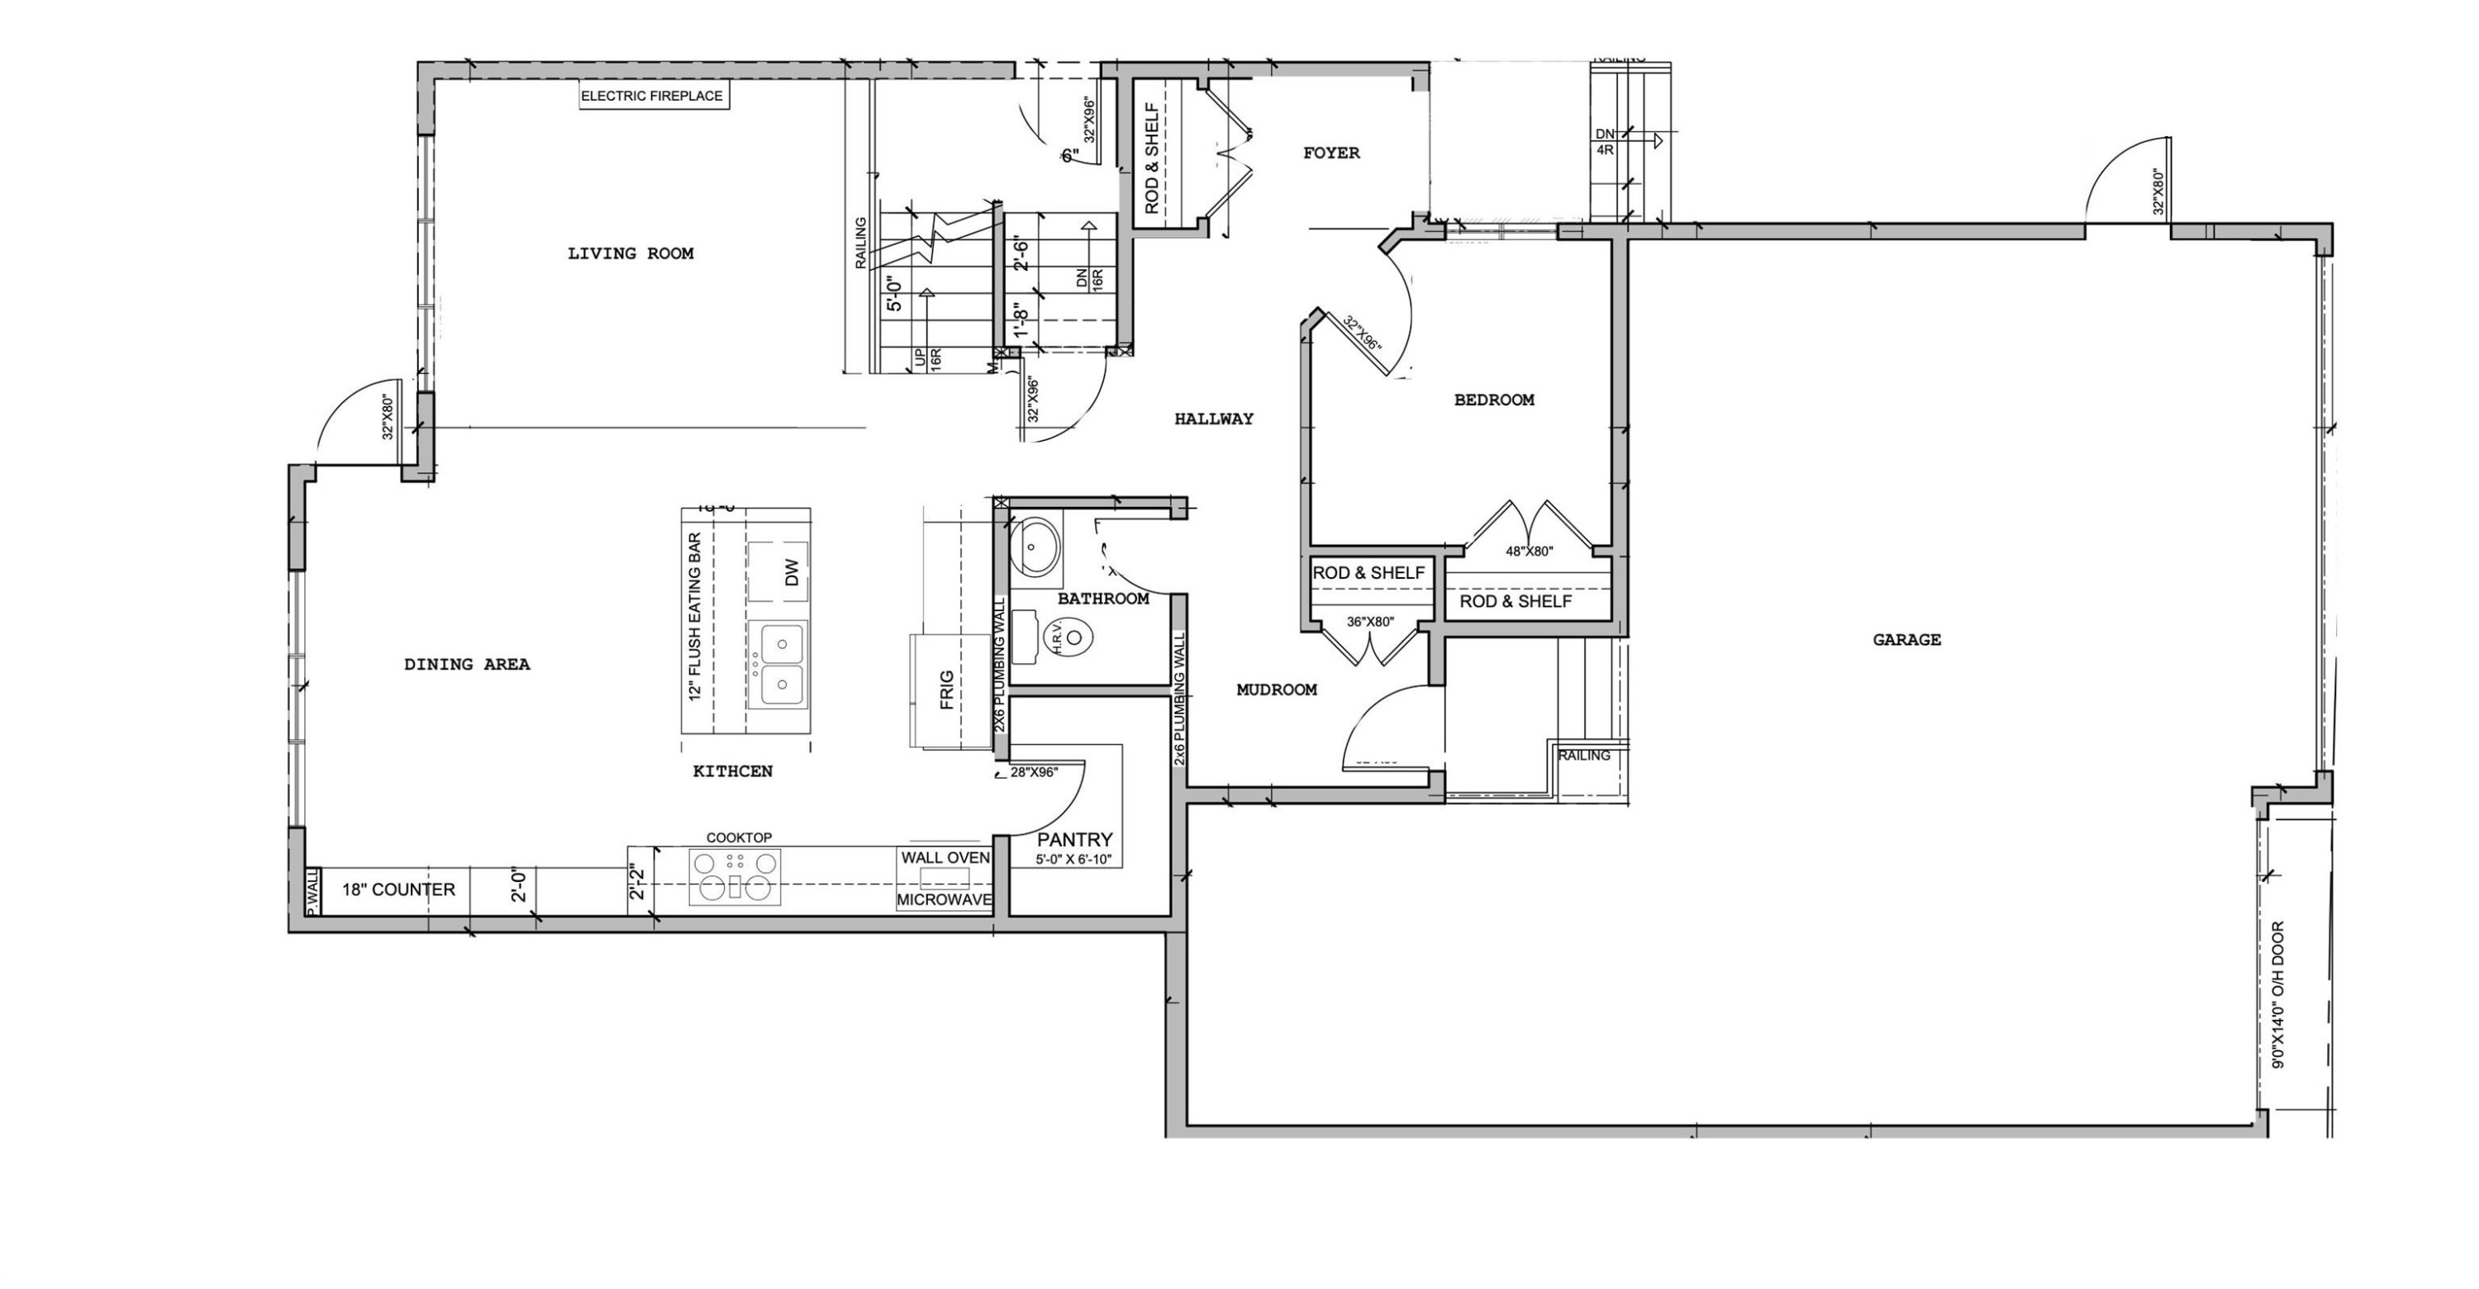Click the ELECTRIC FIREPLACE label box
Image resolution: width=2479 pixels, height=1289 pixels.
point(653,96)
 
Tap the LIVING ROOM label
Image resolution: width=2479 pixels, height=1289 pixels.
point(630,254)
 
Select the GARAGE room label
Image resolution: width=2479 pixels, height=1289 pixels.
point(1906,640)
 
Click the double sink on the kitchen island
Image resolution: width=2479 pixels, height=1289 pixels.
point(778,664)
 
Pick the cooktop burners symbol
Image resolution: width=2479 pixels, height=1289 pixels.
point(735,876)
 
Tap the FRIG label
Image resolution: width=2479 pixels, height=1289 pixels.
point(947,690)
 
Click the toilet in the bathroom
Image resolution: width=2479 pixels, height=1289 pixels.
point(1069,637)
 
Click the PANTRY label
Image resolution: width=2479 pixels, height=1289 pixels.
point(1075,840)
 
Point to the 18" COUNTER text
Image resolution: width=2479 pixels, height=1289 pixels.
point(398,890)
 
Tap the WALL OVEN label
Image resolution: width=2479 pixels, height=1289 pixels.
point(945,857)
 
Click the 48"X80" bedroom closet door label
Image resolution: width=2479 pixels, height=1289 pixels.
point(1530,552)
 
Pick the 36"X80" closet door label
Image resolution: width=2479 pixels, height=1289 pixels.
point(1369,622)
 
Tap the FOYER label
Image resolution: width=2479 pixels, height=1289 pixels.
point(1331,153)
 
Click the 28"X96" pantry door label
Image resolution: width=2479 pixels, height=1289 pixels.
point(1035,772)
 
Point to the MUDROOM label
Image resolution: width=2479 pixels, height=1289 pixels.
point(1276,690)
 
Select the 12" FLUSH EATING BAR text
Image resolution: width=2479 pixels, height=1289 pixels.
point(696,617)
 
